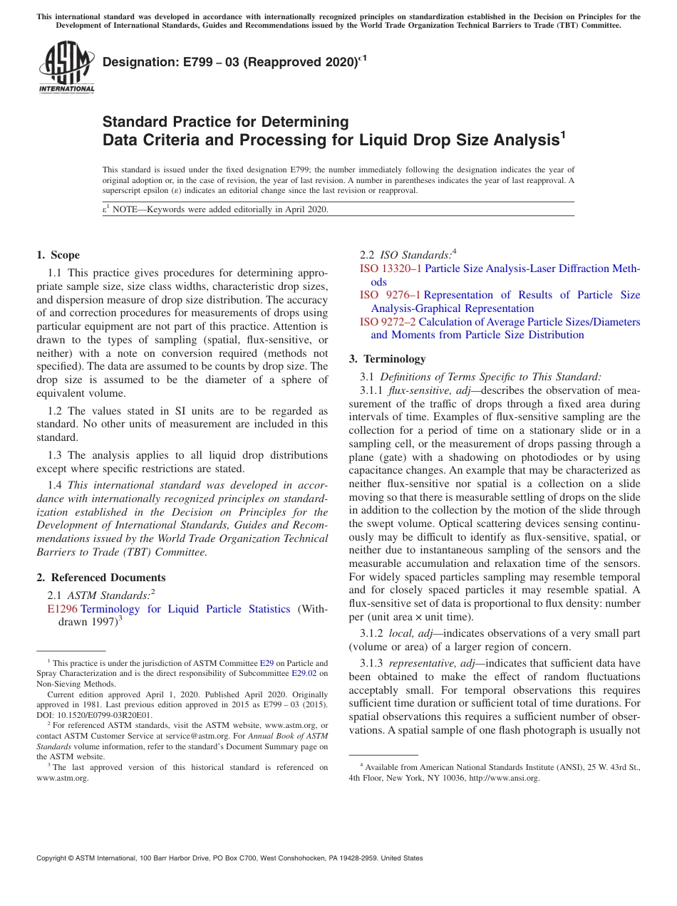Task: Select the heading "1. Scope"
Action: (x=58, y=255)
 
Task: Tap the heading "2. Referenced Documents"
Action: (x=101, y=578)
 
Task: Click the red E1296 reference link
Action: (x=62, y=609)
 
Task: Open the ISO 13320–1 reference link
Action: (x=391, y=269)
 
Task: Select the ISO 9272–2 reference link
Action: (x=388, y=322)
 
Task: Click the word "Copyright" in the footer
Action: (x=55, y=858)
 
